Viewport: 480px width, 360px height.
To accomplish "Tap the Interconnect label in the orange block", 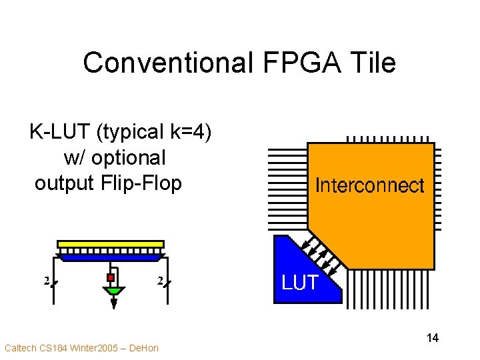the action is (x=369, y=185).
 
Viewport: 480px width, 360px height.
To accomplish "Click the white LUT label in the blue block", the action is (x=300, y=283).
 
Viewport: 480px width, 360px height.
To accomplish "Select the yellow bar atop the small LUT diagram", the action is (x=111, y=244).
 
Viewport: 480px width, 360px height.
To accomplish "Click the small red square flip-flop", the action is (x=111, y=278).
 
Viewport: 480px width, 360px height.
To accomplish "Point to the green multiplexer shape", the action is (x=114, y=291).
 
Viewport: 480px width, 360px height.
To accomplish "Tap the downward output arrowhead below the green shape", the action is (x=114, y=303).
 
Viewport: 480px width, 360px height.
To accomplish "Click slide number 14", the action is (x=432, y=338).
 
